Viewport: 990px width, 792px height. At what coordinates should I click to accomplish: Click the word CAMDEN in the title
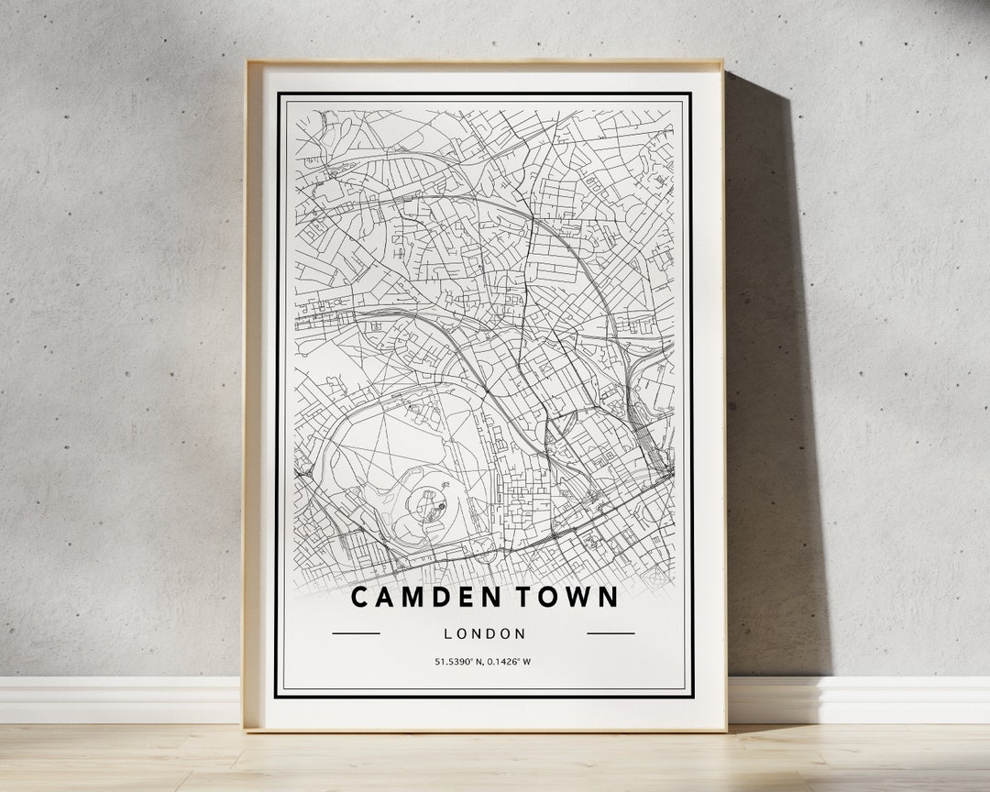pos(417,598)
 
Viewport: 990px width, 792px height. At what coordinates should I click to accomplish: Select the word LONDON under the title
pos(484,633)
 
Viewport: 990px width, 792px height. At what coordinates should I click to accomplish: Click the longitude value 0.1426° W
pos(509,662)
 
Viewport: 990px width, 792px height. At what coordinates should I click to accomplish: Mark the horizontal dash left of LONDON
pos(356,633)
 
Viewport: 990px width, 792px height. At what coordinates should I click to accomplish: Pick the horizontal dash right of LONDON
pos(610,633)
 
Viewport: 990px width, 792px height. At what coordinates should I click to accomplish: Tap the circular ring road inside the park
pos(429,500)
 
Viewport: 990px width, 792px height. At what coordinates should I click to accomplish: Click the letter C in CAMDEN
pos(360,598)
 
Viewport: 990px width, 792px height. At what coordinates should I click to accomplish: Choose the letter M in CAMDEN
pos(408,598)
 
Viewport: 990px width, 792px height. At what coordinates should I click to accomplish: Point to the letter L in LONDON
pos(447,633)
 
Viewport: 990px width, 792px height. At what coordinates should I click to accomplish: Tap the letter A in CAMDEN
pos(383,598)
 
